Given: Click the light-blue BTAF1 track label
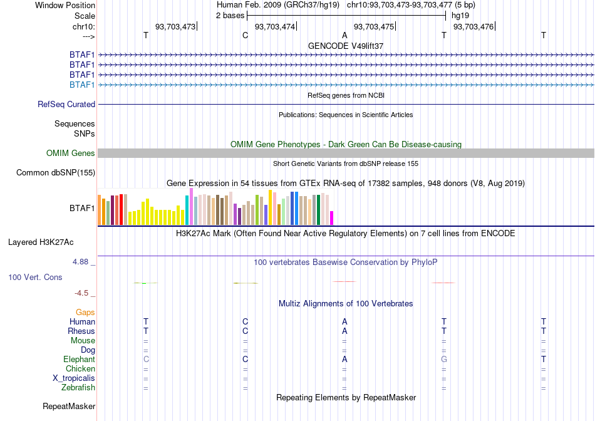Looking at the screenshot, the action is [82, 85].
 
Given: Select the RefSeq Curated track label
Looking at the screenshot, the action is [66, 105].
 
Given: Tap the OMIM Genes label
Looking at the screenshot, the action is [71, 153].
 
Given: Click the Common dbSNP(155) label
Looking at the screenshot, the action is [56, 173].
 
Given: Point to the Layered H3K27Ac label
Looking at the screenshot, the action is [41, 242].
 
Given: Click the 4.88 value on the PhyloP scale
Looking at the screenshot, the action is [80, 262].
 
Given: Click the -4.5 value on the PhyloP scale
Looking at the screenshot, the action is [81, 293].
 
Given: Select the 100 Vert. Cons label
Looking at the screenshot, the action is [35, 277].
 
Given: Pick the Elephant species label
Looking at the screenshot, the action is [80, 359].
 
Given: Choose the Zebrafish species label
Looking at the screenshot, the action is [78, 388].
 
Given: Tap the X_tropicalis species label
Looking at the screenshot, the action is [74, 378].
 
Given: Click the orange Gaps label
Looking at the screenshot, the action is [85, 312].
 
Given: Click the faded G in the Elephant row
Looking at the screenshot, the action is [444, 359].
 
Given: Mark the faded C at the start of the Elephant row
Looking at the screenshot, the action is [146, 359].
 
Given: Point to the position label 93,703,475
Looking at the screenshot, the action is [374, 26].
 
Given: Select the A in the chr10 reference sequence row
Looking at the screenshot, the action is [344, 35].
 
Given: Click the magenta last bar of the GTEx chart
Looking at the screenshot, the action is [332, 218].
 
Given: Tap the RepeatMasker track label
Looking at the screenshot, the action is [69, 406].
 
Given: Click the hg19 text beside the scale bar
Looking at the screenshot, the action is [460, 16].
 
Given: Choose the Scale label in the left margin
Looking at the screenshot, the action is [85, 16].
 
